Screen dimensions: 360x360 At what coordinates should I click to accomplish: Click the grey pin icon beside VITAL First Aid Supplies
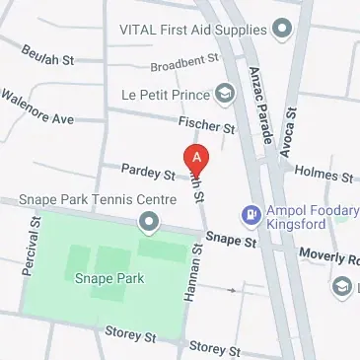pyautogui.click(x=281, y=28)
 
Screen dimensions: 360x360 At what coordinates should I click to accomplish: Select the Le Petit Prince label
pyautogui.click(x=165, y=95)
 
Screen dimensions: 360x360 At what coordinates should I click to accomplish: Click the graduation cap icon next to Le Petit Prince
pyautogui.click(x=226, y=94)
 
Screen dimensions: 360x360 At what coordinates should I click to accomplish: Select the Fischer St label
pyautogui.click(x=206, y=126)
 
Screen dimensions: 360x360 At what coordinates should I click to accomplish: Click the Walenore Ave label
pyautogui.click(x=37, y=108)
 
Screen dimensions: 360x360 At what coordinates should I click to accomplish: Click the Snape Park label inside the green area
pyautogui.click(x=109, y=278)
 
